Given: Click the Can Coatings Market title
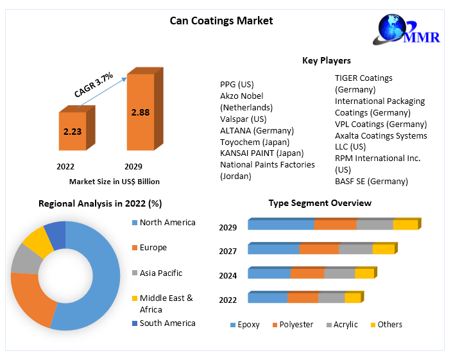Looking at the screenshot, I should click(x=221, y=21).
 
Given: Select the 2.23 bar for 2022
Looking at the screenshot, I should click(x=72, y=132).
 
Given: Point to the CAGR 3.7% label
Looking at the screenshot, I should click(x=94, y=85).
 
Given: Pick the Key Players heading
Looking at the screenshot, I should click(x=326, y=60).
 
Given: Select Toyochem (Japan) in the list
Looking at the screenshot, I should click(x=255, y=142).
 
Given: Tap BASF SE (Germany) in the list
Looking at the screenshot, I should click(x=371, y=181).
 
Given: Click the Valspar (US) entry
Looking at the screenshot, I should click(x=243, y=119).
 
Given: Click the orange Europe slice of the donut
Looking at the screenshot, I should click(x=29, y=298).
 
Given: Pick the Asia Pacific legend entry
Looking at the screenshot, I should click(x=160, y=273).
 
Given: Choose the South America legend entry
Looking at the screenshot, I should click(x=167, y=323).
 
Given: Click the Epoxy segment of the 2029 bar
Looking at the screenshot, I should click(x=281, y=225).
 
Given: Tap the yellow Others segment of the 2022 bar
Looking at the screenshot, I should click(x=352, y=298).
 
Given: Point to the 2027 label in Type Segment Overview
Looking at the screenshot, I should click(x=228, y=252).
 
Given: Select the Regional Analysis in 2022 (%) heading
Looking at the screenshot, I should click(x=100, y=203).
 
